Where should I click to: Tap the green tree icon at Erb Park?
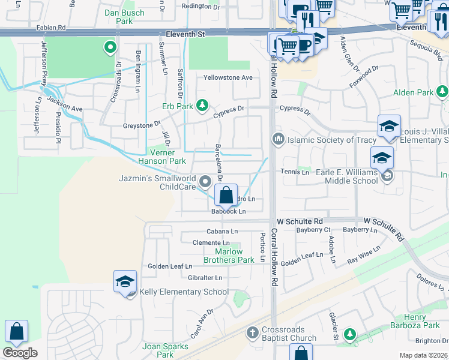202,106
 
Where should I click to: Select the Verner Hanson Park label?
162,157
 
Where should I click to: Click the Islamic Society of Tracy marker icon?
278,139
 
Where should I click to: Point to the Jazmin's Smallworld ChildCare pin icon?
206,181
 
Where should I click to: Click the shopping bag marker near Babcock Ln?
226,196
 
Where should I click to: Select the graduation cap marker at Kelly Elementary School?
125,282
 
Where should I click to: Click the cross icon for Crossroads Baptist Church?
253,332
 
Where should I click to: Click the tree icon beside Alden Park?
442,92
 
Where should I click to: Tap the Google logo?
20,353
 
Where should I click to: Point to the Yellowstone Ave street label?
228,77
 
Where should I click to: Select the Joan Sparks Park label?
165,350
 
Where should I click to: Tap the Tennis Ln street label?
295,172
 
